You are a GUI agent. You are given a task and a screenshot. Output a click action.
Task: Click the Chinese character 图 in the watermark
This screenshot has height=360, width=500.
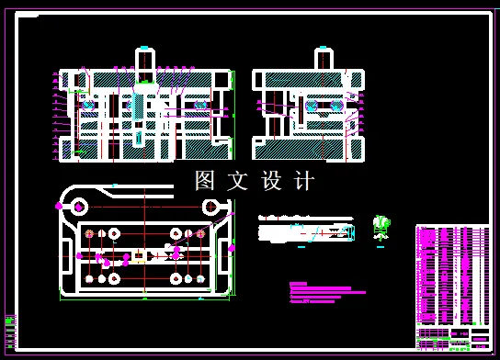(x=205, y=180)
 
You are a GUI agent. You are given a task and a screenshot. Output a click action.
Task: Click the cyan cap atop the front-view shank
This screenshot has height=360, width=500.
(x=145, y=45)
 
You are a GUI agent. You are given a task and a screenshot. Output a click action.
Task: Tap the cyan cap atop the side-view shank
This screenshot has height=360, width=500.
(x=324, y=46)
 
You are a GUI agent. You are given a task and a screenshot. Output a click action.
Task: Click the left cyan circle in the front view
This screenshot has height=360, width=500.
(x=88, y=105)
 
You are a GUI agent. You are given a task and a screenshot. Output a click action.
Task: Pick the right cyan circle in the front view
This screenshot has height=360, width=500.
(x=200, y=105)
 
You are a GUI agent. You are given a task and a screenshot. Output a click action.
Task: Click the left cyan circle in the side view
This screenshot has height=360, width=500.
(x=311, y=105)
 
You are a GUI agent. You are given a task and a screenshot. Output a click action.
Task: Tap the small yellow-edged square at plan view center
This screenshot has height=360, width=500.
(x=139, y=260)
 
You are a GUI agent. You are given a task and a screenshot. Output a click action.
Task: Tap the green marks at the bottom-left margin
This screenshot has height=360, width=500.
(x=10, y=324)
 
